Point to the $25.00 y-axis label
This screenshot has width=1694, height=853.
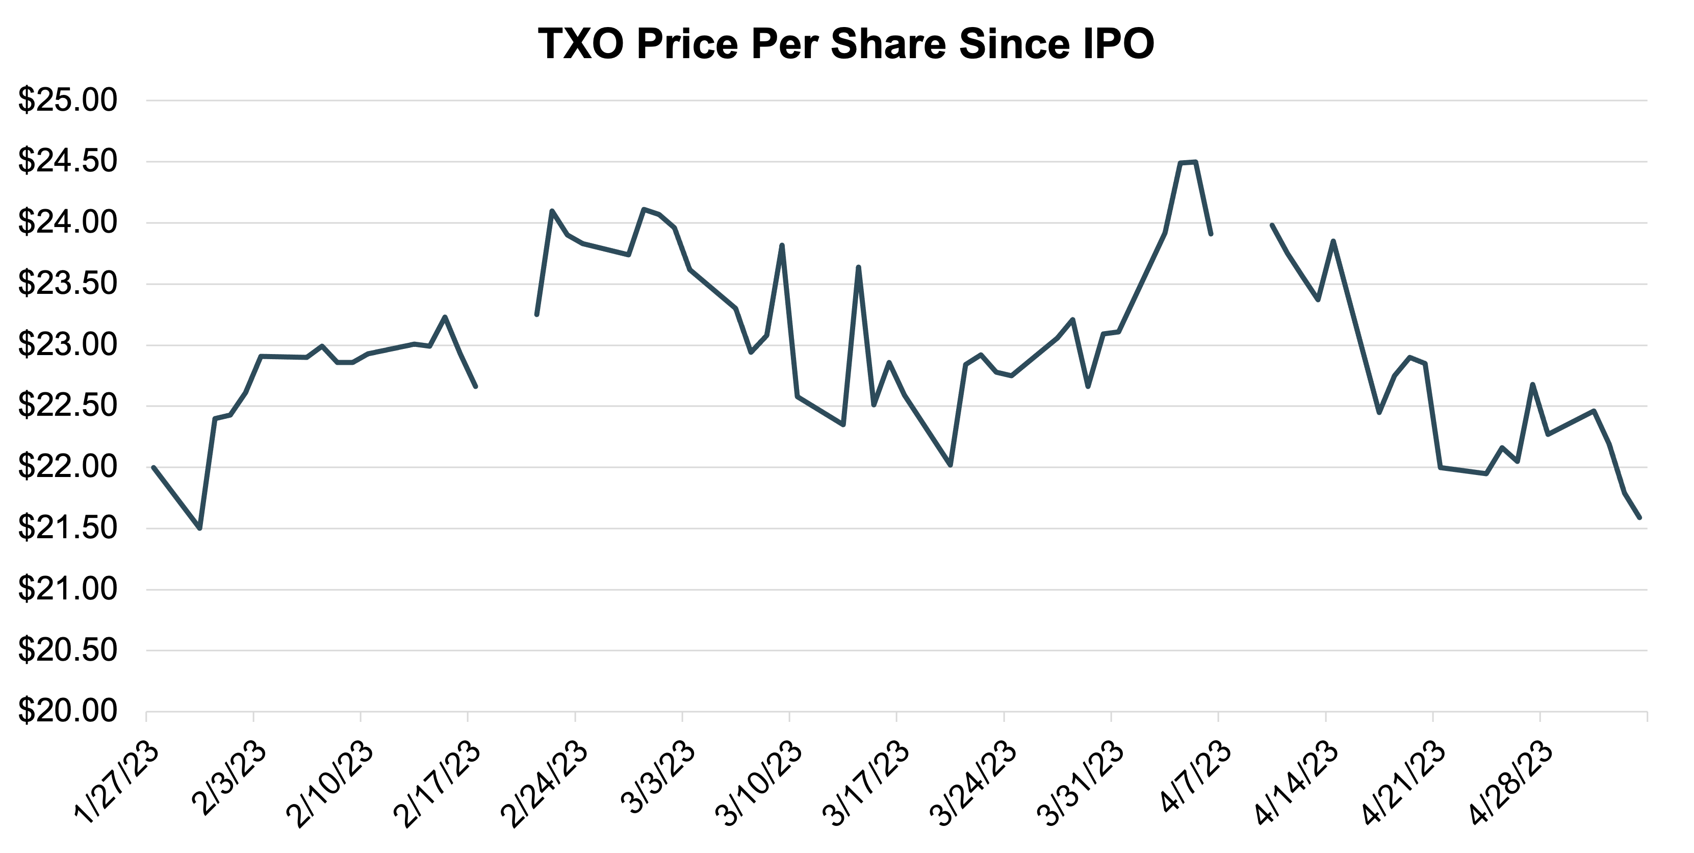coord(67,101)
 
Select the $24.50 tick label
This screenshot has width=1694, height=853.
coord(67,162)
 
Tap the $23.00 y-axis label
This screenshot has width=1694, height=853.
coord(67,345)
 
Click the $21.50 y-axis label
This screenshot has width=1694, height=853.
coord(67,529)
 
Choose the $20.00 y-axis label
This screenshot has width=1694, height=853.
coord(67,712)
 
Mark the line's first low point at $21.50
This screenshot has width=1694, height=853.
coord(200,528)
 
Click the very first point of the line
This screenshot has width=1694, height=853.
coord(153,467)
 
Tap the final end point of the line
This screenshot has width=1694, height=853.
coord(1640,518)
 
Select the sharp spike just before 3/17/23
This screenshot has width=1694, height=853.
coord(858,267)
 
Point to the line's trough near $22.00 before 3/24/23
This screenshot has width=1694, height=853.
coord(950,465)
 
